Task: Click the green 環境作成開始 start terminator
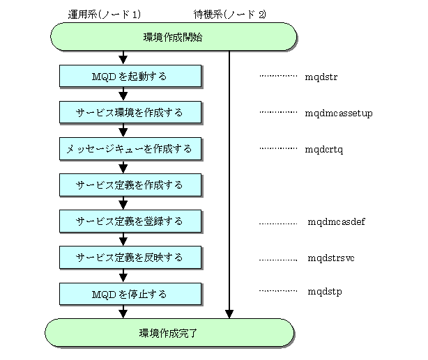click(174, 37)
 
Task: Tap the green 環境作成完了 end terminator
click(169, 333)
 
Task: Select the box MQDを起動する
click(130, 76)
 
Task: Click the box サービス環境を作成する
click(130, 112)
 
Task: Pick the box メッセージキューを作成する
click(130, 148)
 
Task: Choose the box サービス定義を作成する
click(130, 185)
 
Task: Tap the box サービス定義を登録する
click(130, 221)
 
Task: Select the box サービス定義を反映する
click(130, 258)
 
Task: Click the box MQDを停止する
click(130, 294)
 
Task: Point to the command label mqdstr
click(321, 77)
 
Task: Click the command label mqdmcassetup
click(339, 114)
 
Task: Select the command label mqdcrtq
click(323, 150)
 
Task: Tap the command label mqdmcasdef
click(336, 221)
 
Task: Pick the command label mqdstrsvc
click(331, 258)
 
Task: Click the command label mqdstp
click(325, 292)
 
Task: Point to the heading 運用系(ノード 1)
click(105, 14)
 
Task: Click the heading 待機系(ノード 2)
click(229, 14)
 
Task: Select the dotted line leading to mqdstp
click(278, 291)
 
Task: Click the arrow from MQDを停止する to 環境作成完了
click(123, 312)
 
